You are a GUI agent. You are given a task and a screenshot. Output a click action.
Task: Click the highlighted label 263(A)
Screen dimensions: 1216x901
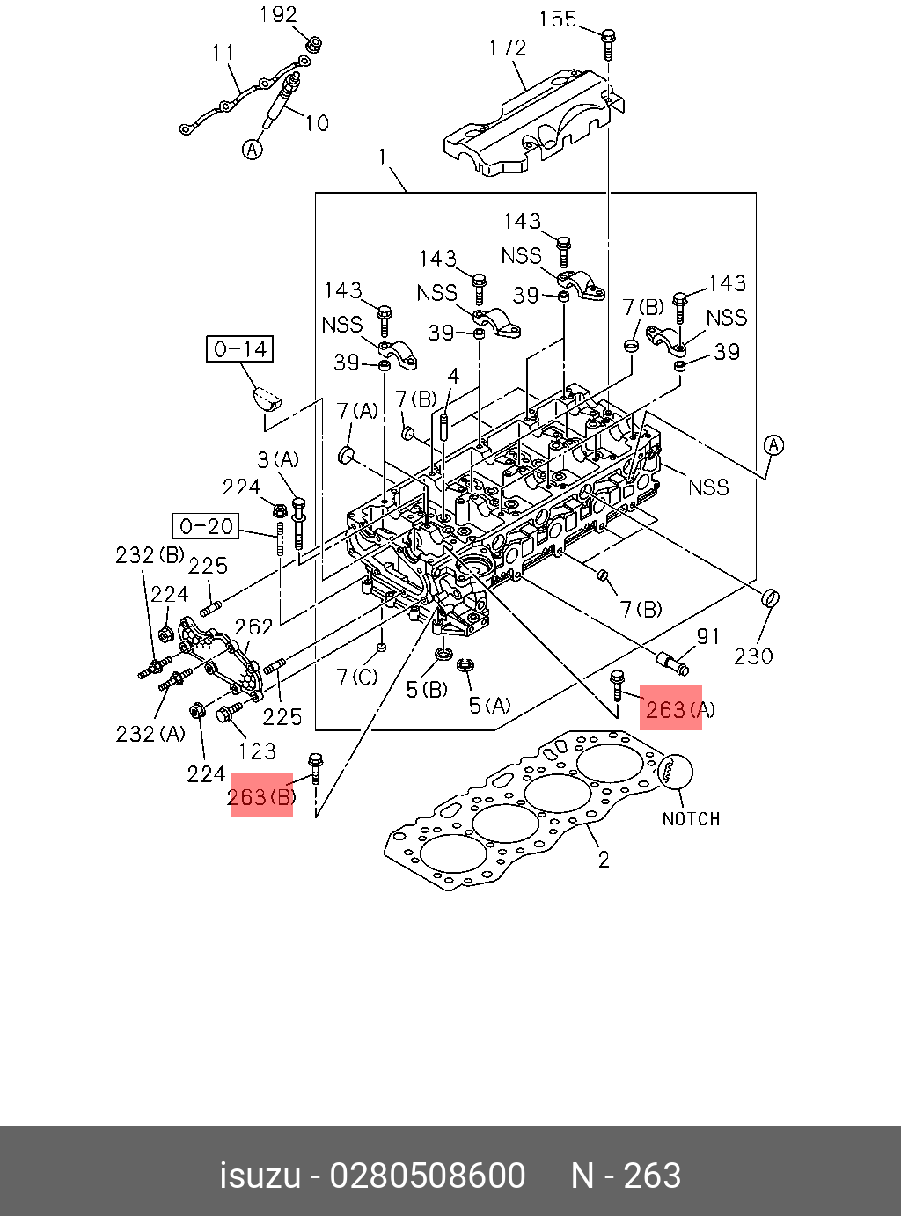[670, 708]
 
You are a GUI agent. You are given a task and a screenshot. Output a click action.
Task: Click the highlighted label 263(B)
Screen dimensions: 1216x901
[261, 795]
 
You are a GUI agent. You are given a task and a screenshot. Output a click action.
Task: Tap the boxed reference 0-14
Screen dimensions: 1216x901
[240, 349]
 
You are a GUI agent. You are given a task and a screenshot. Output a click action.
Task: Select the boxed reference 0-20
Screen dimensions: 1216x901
[206, 526]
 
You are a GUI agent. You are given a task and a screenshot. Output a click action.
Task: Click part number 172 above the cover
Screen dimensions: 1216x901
[508, 48]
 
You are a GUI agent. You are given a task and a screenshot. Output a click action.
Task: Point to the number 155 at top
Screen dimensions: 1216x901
[557, 18]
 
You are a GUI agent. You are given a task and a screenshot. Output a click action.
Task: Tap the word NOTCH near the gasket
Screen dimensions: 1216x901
[691, 819]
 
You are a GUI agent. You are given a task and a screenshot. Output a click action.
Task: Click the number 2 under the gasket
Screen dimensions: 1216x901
[604, 859]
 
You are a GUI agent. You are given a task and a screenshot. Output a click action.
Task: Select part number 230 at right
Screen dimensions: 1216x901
[753, 656]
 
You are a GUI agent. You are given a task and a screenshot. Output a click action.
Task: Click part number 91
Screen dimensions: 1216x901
[708, 636]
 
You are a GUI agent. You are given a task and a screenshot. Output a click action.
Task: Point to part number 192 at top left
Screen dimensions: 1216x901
[278, 15]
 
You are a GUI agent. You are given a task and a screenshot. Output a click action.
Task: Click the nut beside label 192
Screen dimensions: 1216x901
[313, 43]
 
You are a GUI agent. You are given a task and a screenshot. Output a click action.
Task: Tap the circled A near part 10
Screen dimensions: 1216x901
[253, 150]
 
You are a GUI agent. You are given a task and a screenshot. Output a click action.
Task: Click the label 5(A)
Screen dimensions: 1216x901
[489, 705]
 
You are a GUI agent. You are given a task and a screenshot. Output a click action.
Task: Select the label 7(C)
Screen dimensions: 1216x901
[357, 677]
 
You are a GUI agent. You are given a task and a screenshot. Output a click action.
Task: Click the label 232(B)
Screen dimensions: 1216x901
[150, 555]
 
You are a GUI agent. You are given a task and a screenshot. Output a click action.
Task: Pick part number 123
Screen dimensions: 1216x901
[257, 751]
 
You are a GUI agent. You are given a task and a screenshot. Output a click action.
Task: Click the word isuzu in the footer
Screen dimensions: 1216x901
[260, 1176]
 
